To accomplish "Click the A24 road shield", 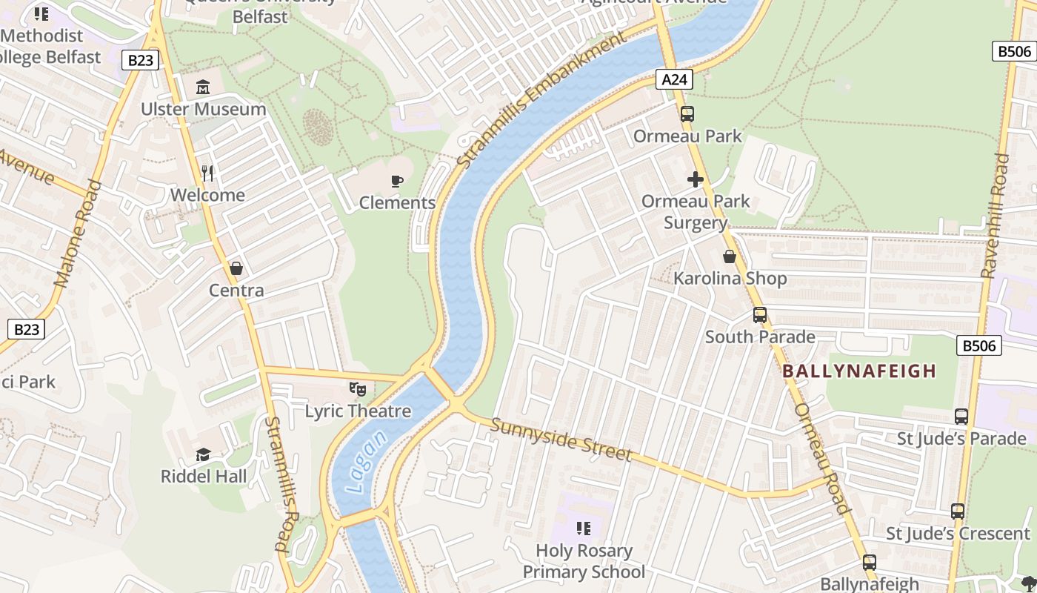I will pos(674,79).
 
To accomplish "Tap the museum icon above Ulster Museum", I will pos(203,87).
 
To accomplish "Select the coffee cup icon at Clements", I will pos(397,181).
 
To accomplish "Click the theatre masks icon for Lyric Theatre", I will pos(358,388).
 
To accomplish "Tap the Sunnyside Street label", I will pos(561,440).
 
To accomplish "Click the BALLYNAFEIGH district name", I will pos(859,371).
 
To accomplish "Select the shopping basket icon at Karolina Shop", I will pos(730,256).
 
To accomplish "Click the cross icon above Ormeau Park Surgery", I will pos(695,179).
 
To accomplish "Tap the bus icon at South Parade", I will pos(759,315).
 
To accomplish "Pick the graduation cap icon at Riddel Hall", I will pos(203,454).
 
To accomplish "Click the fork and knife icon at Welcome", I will pos(207,173).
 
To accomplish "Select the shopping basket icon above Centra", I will pos(236,268).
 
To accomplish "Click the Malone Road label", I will pos(78,233).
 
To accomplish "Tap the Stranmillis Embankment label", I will pos(541,102).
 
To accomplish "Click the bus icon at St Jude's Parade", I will pos(961,417).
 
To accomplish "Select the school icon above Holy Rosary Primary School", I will pos(584,529).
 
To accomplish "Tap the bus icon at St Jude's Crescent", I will pos(958,511).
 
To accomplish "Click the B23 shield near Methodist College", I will pos(140,60).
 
